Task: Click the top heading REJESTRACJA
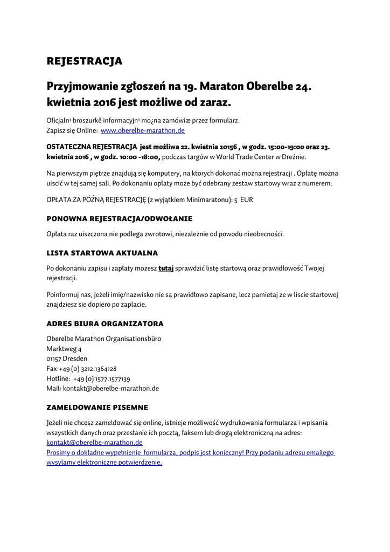[x=85, y=61]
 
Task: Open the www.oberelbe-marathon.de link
[x=143, y=130]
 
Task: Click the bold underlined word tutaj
[x=166, y=268]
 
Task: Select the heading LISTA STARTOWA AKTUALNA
[x=102, y=252]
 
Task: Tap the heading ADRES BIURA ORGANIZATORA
[x=105, y=324]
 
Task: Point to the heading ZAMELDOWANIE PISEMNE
[x=97, y=407]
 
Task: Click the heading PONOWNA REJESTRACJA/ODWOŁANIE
[x=120, y=219]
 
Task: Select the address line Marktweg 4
[x=64, y=349]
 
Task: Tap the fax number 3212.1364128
[x=99, y=369]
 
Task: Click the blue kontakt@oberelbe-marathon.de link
[x=95, y=442]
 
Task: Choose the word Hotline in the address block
[x=58, y=378]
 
